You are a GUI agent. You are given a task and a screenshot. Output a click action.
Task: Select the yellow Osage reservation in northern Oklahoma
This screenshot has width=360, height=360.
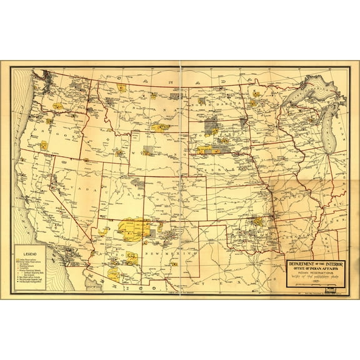pos(257,221)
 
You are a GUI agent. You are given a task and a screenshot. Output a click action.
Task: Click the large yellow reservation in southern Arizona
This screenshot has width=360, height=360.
pos(114,274)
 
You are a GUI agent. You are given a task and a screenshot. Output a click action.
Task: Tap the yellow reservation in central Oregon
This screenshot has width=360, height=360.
pos(44,146)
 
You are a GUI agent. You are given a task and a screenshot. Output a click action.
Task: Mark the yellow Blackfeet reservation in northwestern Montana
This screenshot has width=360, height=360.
pos(122,88)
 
